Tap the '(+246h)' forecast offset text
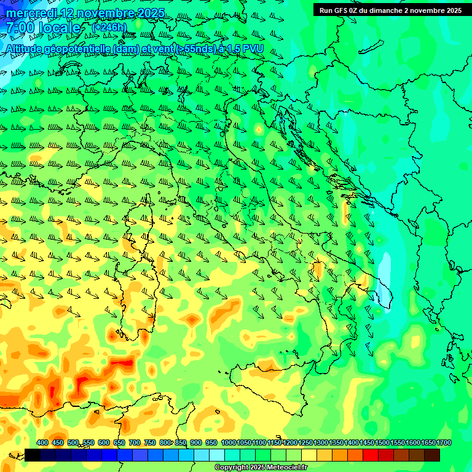[109, 28]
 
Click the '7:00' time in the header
[19, 28]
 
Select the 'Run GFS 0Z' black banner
[390, 10]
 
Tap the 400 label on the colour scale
[42, 442]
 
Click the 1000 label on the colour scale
[229, 442]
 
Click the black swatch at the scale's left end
[33, 455]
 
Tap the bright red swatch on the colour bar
[371, 455]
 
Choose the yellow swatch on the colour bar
[309, 455]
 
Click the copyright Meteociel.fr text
[261, 468]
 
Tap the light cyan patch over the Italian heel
[386, 280]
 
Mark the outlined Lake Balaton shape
[367, 48]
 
